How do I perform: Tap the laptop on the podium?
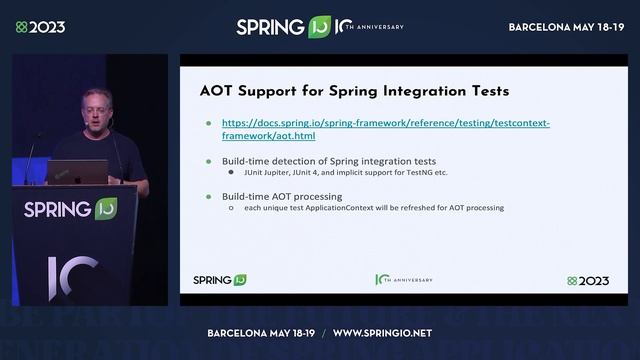coord(76,172)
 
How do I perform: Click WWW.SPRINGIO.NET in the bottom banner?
coord(382,333)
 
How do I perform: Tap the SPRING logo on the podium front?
coord(70,209)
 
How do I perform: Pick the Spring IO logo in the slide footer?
coord(219,280)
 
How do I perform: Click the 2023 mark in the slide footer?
coord(588,281)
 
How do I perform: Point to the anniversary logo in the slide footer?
coord(403,280)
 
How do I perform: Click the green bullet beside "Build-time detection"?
coord(208,161)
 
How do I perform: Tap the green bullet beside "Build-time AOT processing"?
coord(208,197)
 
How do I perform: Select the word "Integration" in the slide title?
coord(395,91)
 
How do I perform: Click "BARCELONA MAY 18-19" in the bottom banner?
coord(261,333)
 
